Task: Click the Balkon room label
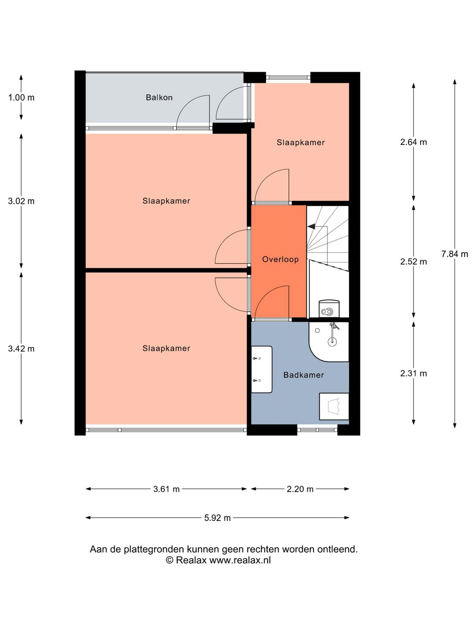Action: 159,97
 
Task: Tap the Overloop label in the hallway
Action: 280,259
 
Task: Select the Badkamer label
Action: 304,375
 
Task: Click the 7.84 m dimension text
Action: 454,254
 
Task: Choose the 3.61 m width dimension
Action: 166,489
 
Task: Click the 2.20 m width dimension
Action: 300,489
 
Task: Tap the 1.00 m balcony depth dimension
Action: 21,98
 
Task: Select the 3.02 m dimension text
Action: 21,201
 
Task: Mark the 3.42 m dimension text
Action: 21,349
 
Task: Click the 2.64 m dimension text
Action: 413,142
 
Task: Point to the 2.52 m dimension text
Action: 413,262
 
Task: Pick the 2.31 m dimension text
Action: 413,373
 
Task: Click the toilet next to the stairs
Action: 329,308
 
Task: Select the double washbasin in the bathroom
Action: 261,369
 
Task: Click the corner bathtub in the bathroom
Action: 329,342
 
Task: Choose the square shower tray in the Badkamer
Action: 334,406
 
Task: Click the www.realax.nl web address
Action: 240,560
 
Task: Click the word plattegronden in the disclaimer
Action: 154,549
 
